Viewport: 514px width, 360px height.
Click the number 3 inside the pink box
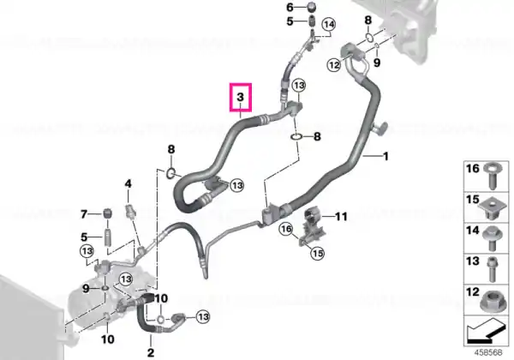240,97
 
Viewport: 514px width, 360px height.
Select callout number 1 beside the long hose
385,156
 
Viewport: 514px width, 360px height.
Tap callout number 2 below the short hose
151,352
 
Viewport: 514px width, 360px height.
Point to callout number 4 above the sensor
128,183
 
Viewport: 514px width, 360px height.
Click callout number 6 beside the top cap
290,7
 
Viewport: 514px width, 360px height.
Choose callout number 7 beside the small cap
84,214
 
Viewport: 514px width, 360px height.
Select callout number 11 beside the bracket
340,216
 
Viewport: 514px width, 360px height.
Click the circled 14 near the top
329,24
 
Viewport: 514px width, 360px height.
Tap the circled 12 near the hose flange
334,65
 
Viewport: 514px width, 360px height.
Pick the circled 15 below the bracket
317,253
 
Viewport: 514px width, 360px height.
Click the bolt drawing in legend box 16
492,176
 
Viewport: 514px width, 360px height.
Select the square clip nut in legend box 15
490,208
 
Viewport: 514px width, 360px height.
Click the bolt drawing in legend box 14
491,238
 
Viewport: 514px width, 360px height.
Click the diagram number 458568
487,352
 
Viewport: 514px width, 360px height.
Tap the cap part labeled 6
311,7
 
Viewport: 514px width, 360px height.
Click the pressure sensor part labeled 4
130,210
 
